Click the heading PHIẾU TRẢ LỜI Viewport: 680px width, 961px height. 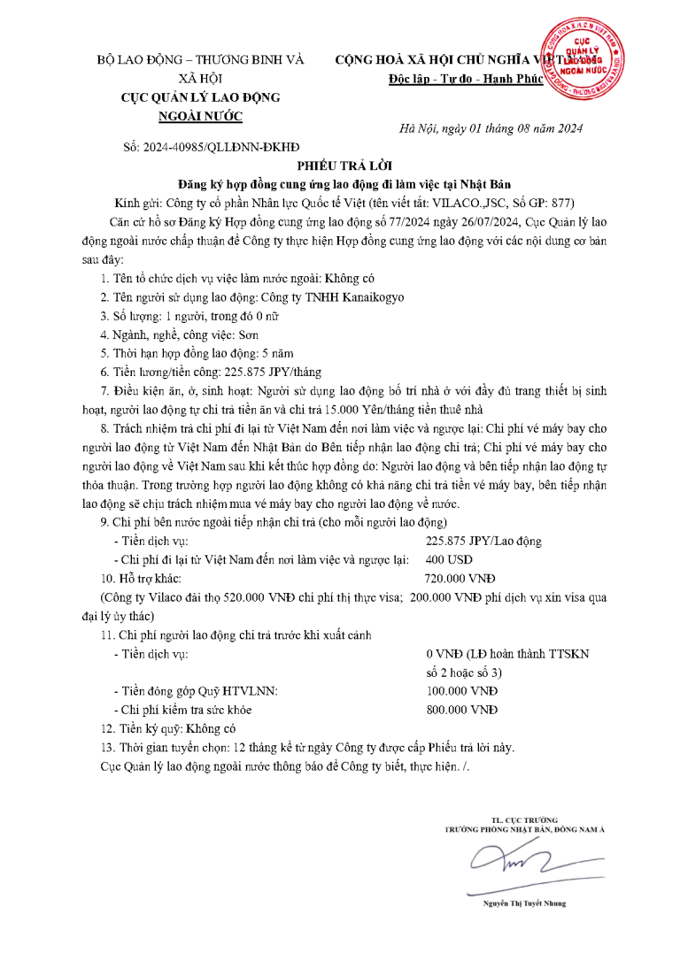339,165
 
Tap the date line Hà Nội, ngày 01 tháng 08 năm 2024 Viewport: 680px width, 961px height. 491,128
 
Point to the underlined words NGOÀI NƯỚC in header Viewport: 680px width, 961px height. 200,116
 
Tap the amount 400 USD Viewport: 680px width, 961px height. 449,559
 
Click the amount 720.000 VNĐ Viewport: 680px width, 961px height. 460,578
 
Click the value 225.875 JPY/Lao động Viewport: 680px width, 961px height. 483,541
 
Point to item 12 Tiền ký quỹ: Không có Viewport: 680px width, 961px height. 168,728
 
